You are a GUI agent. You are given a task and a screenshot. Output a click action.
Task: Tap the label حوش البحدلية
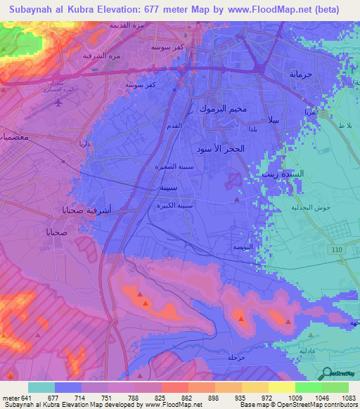pos(311,208)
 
